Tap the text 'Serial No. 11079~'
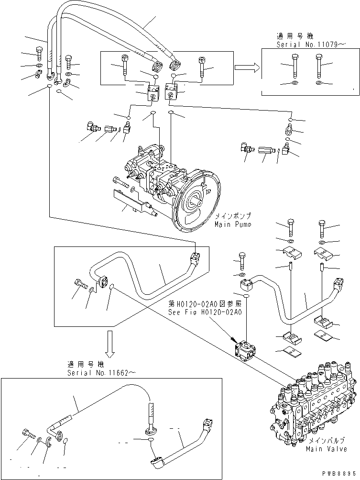(x=311, y=44)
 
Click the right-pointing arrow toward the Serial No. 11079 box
(x=247, y=68)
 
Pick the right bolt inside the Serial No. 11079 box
(x=319, y=67)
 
